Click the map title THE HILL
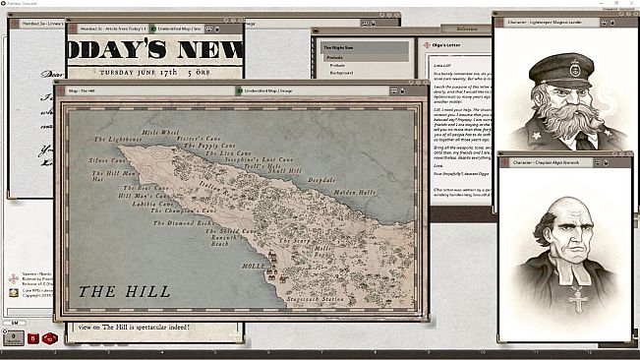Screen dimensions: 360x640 click(x=124, y=291)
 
